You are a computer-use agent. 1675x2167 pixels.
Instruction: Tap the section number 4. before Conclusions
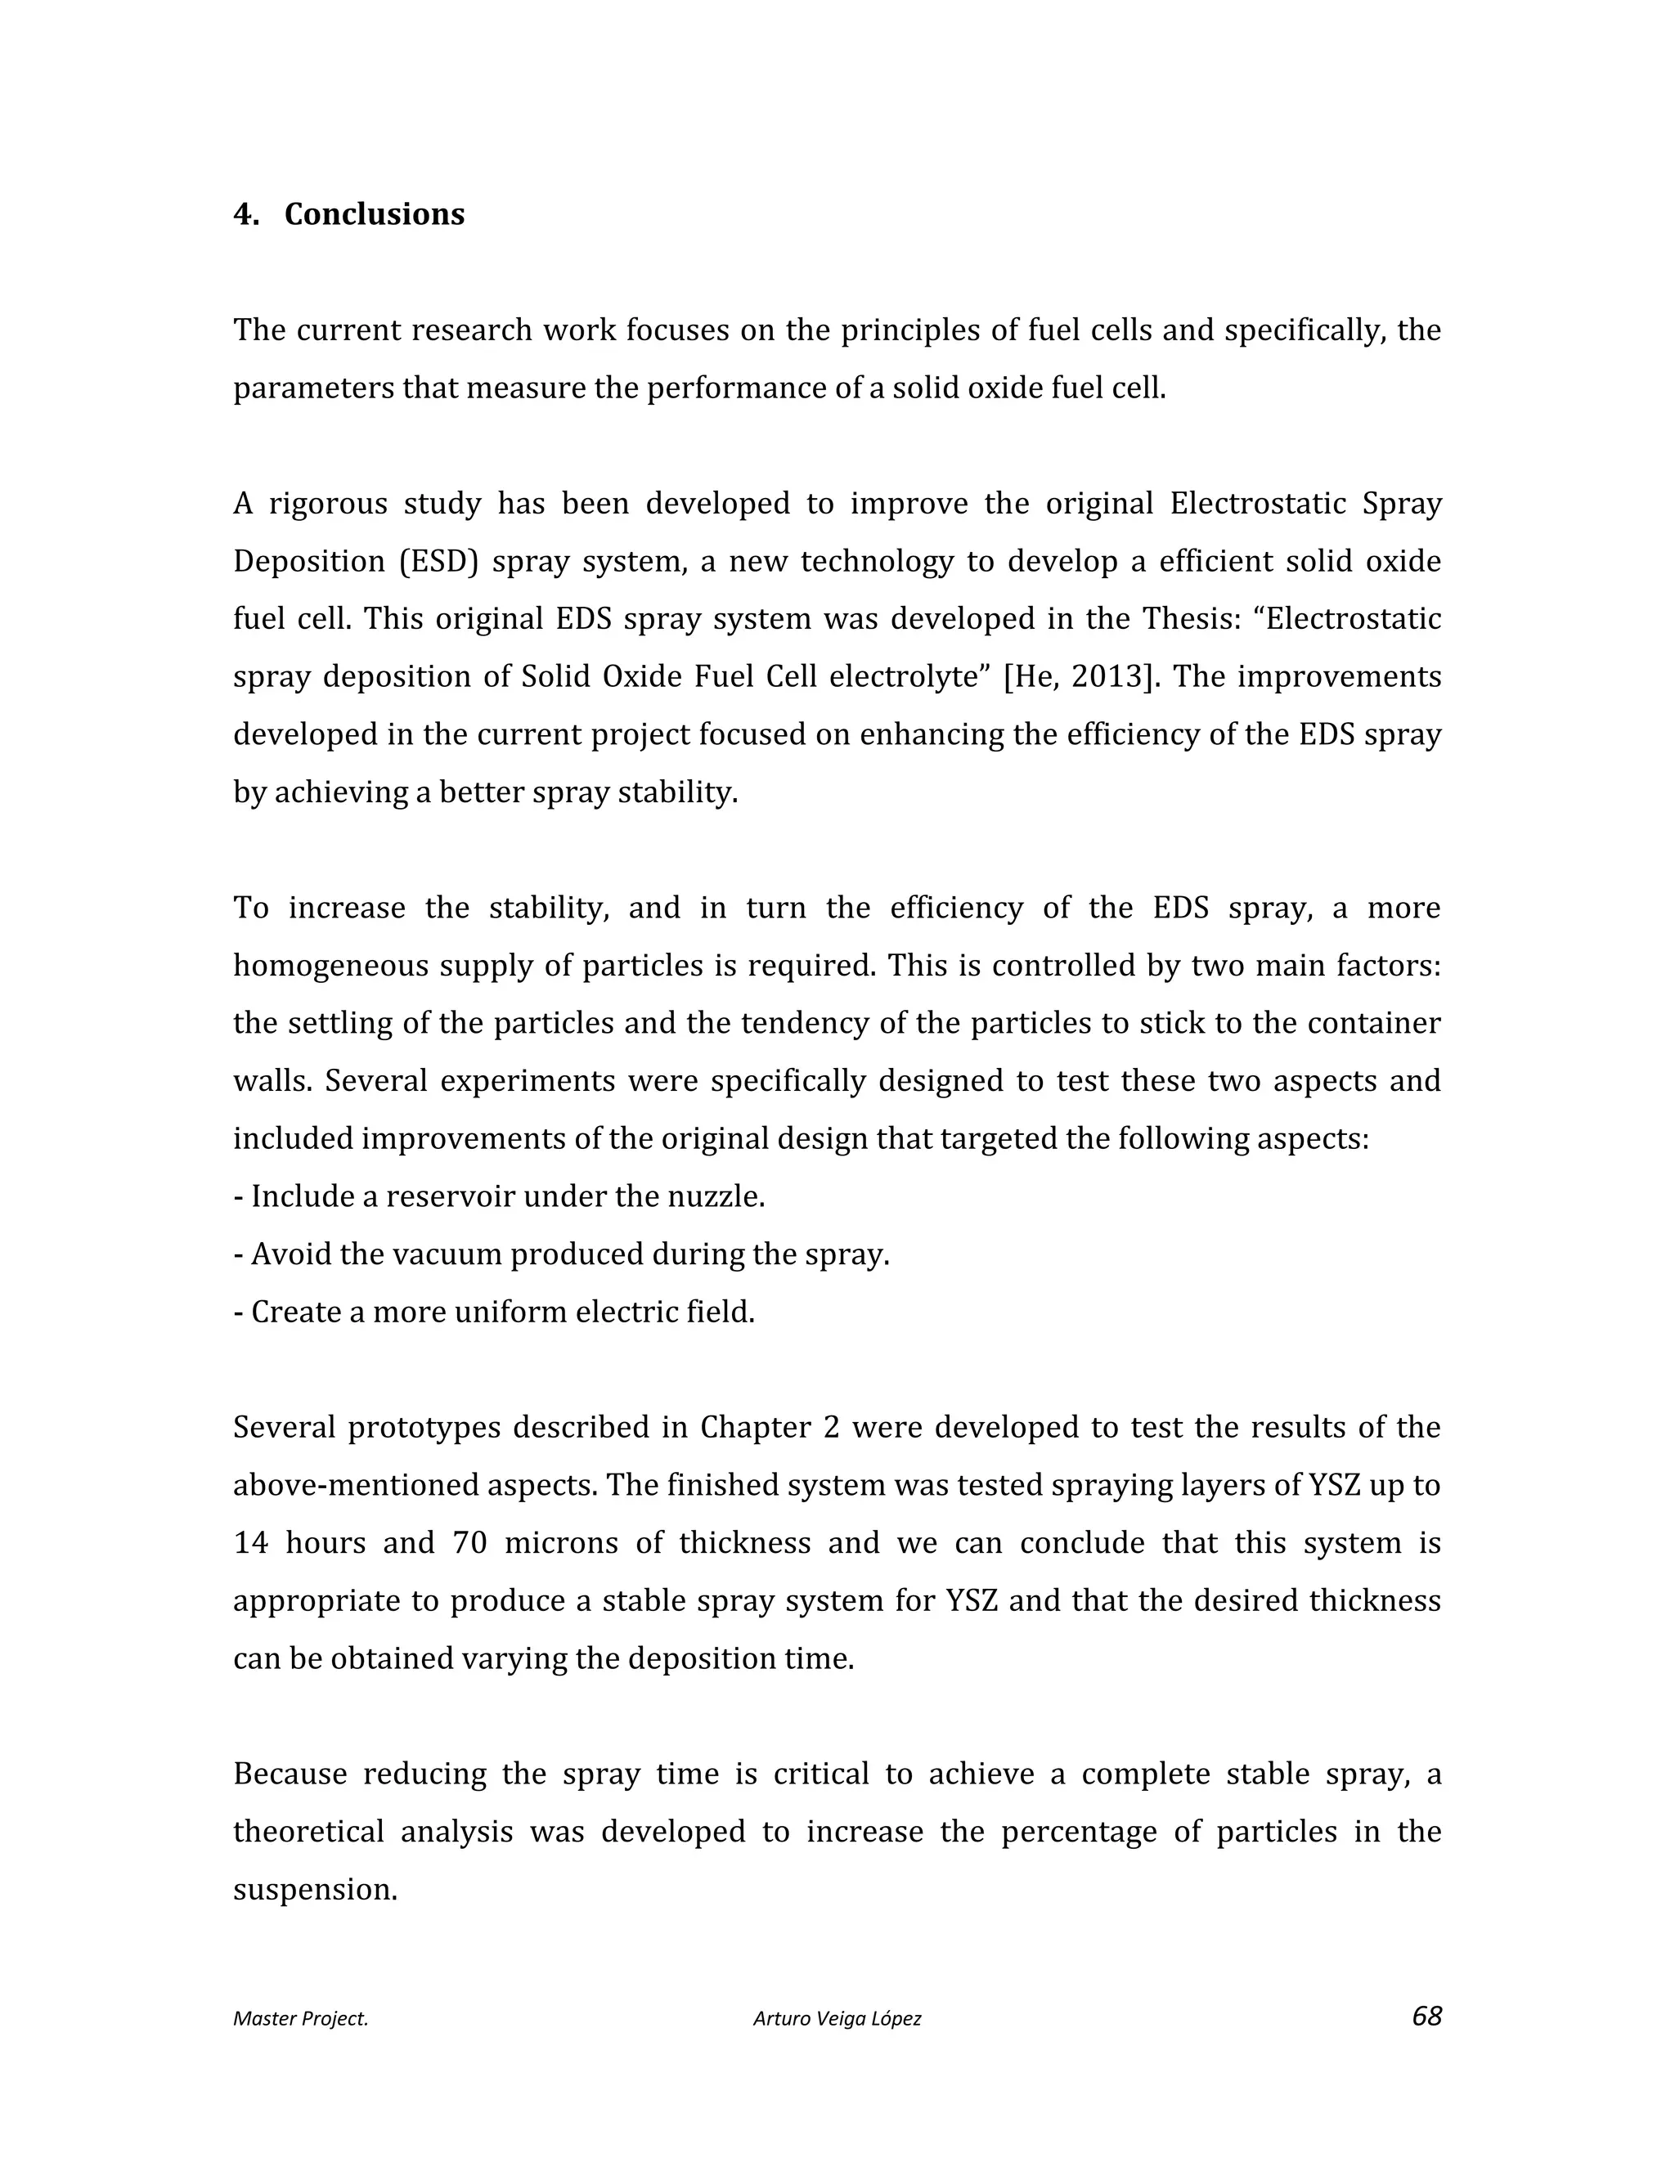point(245,214)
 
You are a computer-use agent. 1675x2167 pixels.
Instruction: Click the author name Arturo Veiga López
point(837,2018)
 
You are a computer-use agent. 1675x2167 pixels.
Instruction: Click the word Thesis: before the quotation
point(1195,618)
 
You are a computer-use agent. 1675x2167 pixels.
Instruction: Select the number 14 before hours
point(250,1543)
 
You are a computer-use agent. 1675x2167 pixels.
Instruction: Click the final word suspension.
point(315,1889)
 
